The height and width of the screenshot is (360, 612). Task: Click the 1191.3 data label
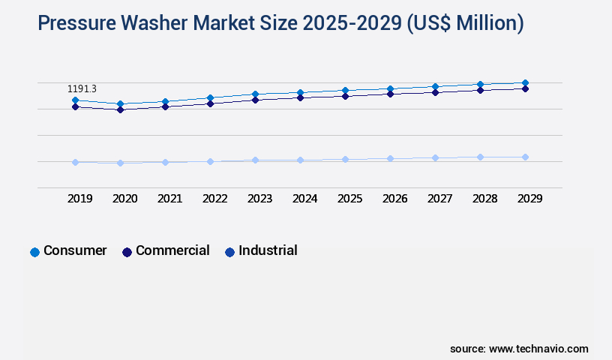pyautogui.click(x=82, y=89)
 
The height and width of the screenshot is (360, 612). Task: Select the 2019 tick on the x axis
pyautogui.click(x=80, y=199)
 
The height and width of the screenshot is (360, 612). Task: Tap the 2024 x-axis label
pyautogui.click(x=305, y=199)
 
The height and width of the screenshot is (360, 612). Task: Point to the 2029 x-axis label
pyautogui.click(x=529, y=199)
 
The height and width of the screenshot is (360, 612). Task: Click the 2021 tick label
pyautogui.click(x=170, y=199)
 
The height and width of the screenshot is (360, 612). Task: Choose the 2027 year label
pyautogui.click(x=439, y=199)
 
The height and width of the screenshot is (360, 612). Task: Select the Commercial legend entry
pyautogui.click(x=172, y=251)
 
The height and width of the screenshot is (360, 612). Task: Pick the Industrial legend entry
pyautogui.click(x=268, y=251)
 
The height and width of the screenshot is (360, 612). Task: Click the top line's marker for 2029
pyautogui.click(x=525, y=82)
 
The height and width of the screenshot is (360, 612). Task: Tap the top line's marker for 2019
pyautogui.click(x=75, y=100)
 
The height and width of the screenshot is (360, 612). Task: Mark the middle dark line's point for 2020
pyautogui.click(x=120, y=109)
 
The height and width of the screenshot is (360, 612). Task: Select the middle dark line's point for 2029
pyautogui.click(x=525, y=88)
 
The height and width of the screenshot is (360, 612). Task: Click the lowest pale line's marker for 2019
pyautogui.click(x=75, y=162)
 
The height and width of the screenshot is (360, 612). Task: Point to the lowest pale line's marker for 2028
pyautogui.click(x=480, y=157)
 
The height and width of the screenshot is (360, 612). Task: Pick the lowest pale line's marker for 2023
pyautogui.click(x=255, y=160)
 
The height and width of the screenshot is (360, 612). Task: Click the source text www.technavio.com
pyautogui.click(x=538, y=349)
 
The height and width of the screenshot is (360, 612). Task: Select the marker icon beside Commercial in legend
pyautogui.click(x=127, y=252)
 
